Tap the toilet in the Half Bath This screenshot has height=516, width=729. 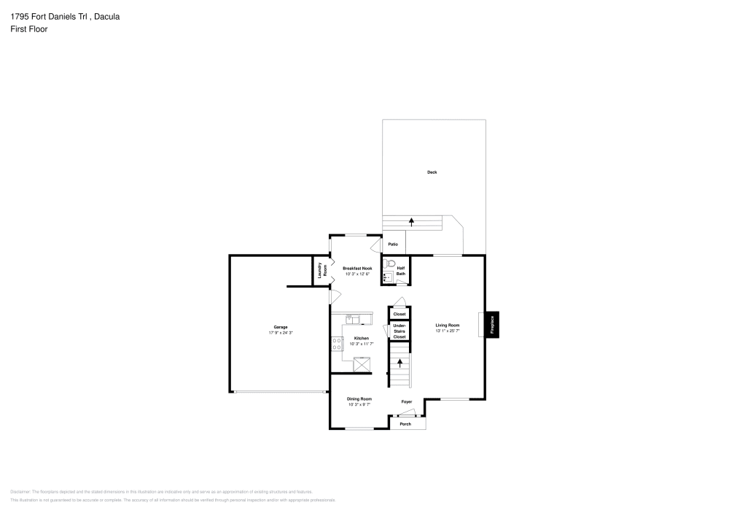(390, 263)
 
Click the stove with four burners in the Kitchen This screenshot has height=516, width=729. (337, 344)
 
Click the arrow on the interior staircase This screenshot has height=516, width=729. (399, 363)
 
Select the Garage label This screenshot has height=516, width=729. (280, 327)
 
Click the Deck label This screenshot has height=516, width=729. (432, 172)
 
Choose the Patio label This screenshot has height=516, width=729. (392, 244)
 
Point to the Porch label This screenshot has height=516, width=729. (405, 424)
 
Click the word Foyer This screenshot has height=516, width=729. (406, 402)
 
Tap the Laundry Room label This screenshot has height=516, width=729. (320, 270)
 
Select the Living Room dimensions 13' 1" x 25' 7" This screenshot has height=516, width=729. (447, 331)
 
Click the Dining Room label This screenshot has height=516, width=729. (359, 398)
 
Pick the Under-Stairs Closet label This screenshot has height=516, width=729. (399, 331)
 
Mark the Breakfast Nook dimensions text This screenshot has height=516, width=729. (357, 274)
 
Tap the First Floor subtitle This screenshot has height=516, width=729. (29, 29)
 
